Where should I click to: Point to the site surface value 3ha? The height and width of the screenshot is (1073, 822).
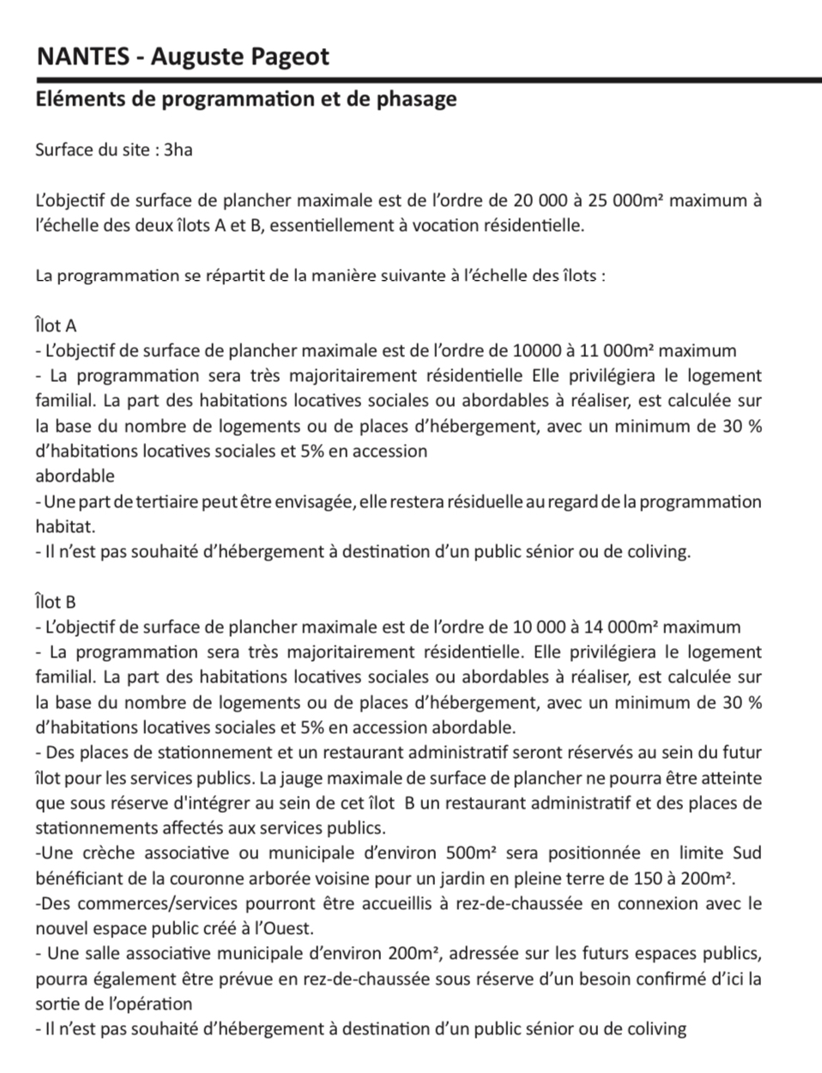coord(178,150)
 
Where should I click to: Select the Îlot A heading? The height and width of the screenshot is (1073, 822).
coord(56,325)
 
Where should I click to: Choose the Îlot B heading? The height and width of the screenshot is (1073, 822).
coord(56,602)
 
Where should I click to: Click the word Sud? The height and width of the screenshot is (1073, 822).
coord(746,853)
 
